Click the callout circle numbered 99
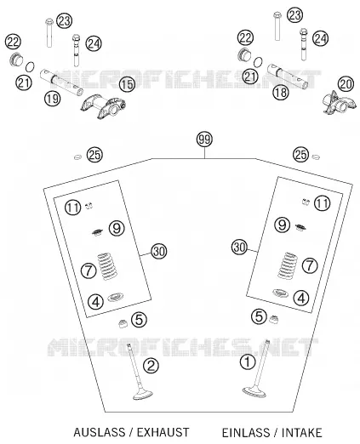(204, 139)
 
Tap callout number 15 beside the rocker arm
(127, 84)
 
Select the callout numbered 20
(346, 84)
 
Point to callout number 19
(53, 99)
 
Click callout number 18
(281, 93)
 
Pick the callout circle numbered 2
(151, 366)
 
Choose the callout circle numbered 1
(248, 361)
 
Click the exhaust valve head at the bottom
(143, 395)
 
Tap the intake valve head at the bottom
(254, 392)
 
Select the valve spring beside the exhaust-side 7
(107, 266)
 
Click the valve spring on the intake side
(288, 265)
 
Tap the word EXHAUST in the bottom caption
(163, 432)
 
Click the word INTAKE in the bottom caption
(301, 433)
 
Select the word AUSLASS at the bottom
(100, 432)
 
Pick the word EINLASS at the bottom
(246, 433)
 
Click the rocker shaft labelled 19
(61, 82)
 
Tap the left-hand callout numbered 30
(159, 251)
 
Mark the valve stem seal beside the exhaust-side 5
(123, 324)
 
